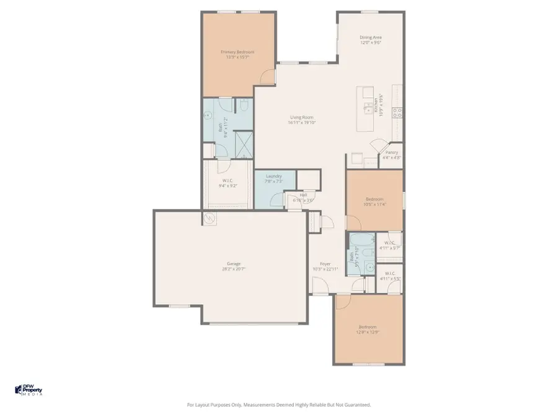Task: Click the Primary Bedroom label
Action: point(237,52)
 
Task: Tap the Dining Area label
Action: point(370,37)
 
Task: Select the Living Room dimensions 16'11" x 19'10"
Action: point(302,123)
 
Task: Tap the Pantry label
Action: point(391,152)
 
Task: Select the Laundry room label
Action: point(273,176)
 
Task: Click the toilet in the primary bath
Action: point(244,106)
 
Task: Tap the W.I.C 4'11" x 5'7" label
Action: point(390,245)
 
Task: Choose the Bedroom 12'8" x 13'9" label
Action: point(368,330)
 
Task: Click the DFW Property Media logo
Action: point(29,390)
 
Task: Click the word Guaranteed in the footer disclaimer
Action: point(356,405)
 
